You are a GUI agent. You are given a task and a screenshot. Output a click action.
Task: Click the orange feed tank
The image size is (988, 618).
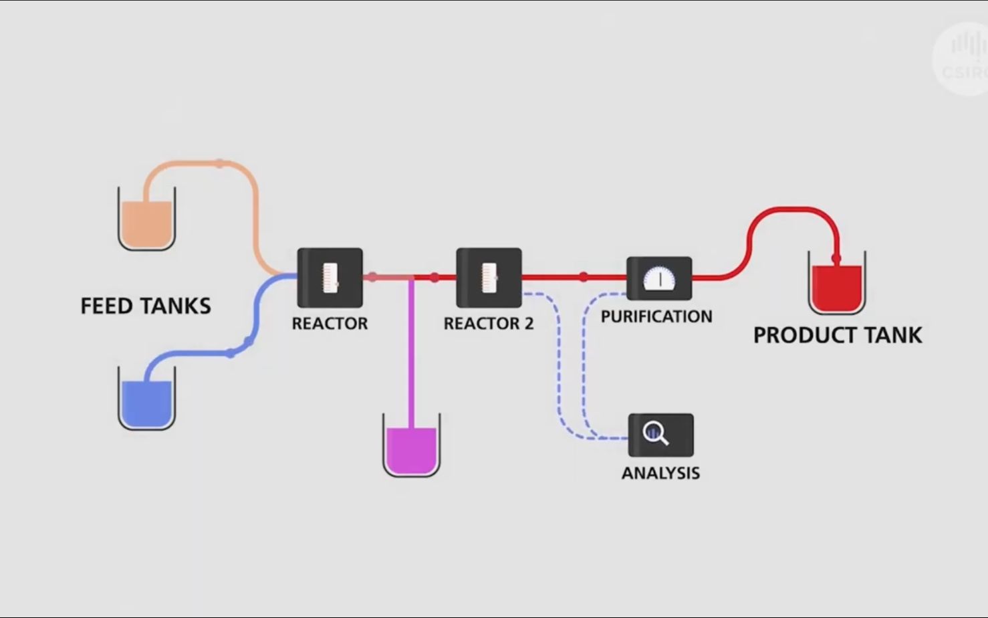tap(147, 221)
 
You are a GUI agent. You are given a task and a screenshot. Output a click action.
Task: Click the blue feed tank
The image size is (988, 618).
tap(147, 401)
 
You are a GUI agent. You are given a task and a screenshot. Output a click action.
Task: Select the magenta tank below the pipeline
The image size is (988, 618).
tap(411, 448)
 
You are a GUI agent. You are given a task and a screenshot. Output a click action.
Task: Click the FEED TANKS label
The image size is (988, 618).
tap(146, 306)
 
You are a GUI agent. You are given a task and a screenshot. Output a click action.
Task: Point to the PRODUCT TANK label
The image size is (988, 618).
tap(838, 335)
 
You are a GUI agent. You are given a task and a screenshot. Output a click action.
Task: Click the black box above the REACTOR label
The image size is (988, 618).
tap(330, 278)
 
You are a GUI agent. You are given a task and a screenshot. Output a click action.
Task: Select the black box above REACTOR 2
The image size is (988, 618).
tap(489, 278)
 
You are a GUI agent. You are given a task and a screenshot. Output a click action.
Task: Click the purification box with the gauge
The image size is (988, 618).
tap(659, 278)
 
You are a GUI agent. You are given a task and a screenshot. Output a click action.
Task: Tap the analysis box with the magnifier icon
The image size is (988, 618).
tap(660, 435)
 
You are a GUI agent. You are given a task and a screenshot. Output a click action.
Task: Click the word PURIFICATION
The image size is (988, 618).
tap(656, 316)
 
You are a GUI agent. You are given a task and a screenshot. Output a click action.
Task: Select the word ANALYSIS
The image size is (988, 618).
tap(660, 473)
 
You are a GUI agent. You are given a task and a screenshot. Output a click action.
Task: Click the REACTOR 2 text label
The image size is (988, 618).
tap(489, 324)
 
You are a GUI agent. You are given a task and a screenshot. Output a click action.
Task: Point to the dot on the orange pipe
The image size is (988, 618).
tap(220, 163)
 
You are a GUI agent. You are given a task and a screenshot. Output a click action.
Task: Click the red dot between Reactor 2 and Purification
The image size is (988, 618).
tap(584, 276)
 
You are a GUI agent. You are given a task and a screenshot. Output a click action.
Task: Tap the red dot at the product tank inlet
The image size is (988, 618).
tap(836, 258)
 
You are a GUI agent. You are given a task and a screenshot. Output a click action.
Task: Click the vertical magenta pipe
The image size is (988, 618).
tap(411, 354)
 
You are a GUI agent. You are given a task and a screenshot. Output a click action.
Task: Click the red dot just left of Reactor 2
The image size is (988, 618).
tap(435, 277)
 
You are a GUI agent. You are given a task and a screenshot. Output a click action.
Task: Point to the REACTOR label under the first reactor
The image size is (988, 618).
tap(330, 324)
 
